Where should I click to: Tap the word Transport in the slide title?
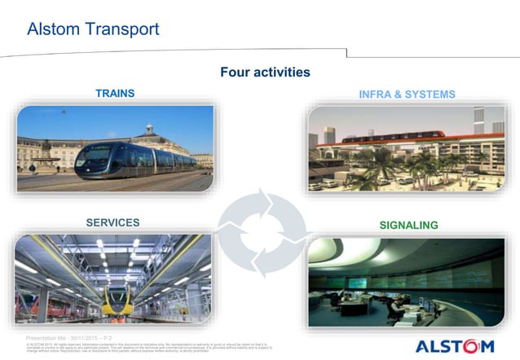124,30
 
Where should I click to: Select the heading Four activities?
265,72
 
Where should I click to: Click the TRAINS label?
115,94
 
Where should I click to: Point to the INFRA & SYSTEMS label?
407,94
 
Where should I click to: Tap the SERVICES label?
112,222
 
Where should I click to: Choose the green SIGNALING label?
409,225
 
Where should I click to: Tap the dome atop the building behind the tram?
149,129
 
